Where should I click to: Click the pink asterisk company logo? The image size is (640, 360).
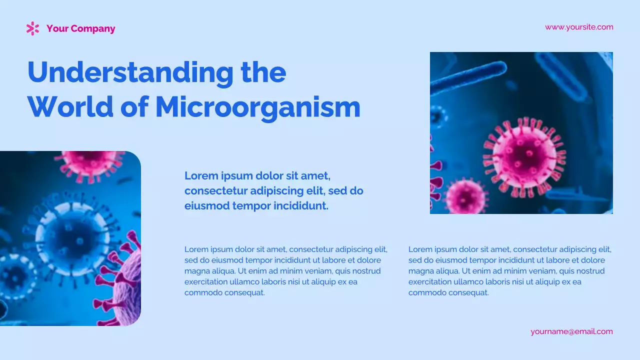click(32, 28)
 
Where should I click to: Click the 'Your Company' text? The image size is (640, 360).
click(80, 28)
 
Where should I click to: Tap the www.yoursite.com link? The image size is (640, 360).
click(579, 27)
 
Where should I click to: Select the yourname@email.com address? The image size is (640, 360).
click(571, 331)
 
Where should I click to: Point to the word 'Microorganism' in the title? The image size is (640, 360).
click(257, 107)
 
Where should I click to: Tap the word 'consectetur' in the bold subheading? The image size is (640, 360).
click(215, 191)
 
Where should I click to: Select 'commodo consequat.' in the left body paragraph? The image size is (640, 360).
click(224, 293)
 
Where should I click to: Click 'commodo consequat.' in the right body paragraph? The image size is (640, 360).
click(448, 293)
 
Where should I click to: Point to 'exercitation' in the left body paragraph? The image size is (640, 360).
click(206, 282)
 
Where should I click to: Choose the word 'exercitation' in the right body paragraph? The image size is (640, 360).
click(430, 282)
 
